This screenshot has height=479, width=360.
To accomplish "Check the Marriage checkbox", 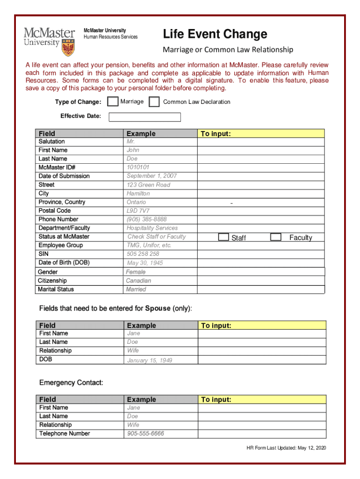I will (x=113, y=102).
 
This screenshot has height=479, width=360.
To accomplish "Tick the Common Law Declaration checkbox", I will (x=154, y=102).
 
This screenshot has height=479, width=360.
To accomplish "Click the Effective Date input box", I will (x=144, y=117).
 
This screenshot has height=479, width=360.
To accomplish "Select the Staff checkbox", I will (x=224, y=237).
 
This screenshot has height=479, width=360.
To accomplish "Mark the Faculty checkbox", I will (x=276, y=237).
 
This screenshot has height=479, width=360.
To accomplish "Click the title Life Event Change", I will (x=215, y=34).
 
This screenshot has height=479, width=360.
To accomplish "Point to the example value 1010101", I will (x=138, y=167).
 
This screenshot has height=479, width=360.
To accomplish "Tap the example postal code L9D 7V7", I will (x=138, y=210).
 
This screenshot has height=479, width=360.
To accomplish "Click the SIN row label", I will (x=43, y=254).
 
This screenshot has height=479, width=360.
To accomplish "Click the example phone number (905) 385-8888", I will (x=146, y=219).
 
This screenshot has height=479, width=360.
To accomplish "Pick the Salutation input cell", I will (x=261, y=142).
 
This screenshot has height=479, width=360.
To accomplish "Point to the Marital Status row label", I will (x=56, y=289).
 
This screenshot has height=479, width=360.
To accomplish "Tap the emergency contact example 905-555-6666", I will (x=145, y=434).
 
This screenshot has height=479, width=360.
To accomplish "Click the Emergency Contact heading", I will (x=71, y=383).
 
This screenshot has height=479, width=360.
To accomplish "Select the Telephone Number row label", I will (x=65, y=434).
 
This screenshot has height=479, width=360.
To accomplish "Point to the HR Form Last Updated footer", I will (x=286, y=448).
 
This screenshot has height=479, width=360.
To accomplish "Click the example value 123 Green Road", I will (x=148, y=185).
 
